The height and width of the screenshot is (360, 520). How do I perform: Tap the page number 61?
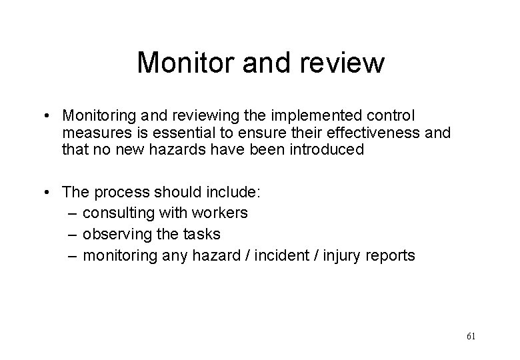coord(471,336)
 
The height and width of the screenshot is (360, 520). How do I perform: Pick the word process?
coord(123,192)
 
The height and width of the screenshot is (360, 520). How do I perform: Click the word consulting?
coord(119,213)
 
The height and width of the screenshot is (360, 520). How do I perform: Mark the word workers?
coord(219,213)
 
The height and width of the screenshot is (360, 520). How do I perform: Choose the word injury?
coord(339,255)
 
